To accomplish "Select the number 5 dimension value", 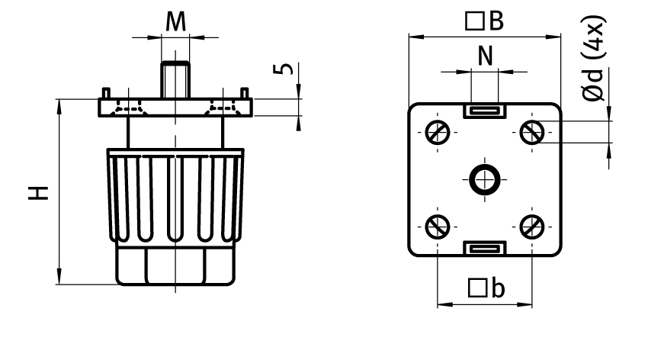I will pos(283,69).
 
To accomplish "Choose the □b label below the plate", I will pos(485,288).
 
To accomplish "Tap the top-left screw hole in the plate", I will pos(438,133).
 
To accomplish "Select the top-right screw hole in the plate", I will pos(531,133).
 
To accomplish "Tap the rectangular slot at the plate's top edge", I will pos(484,111).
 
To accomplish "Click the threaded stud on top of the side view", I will pos(175,79).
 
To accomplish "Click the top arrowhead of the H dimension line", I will pos(59,104).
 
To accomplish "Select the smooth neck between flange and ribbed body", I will pos(175,133).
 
